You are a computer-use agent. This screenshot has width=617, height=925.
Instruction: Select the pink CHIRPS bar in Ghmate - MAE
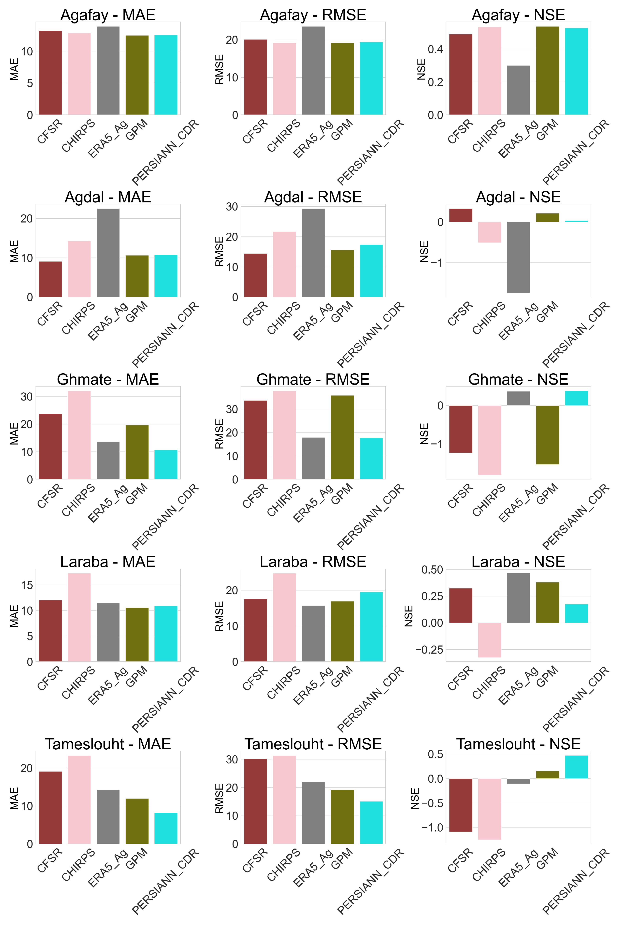click(79, 435)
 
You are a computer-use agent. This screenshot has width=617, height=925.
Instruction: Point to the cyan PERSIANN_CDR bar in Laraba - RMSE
click(371, 627)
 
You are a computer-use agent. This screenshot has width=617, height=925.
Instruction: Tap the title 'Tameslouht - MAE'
click(108, 744)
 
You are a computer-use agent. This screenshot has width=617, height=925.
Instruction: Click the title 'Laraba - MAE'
click(108, 562)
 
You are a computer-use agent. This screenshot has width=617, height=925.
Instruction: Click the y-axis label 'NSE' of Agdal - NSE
click(424, 251)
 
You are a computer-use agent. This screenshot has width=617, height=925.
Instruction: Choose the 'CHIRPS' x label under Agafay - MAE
click(79, 136)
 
